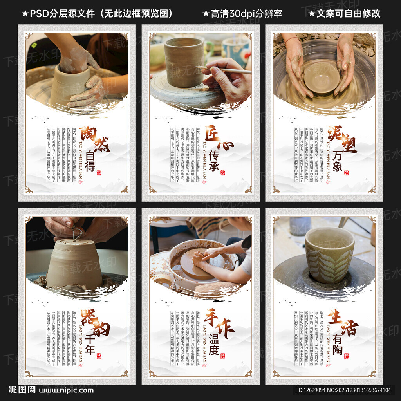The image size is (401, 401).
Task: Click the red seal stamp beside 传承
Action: (223, 172)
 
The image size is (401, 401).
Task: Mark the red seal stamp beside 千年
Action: (99, 356)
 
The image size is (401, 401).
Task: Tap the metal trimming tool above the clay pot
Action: (76, 233)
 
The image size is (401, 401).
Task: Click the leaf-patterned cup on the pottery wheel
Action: (329, 254)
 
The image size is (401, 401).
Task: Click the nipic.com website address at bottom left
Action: (66, 390)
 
